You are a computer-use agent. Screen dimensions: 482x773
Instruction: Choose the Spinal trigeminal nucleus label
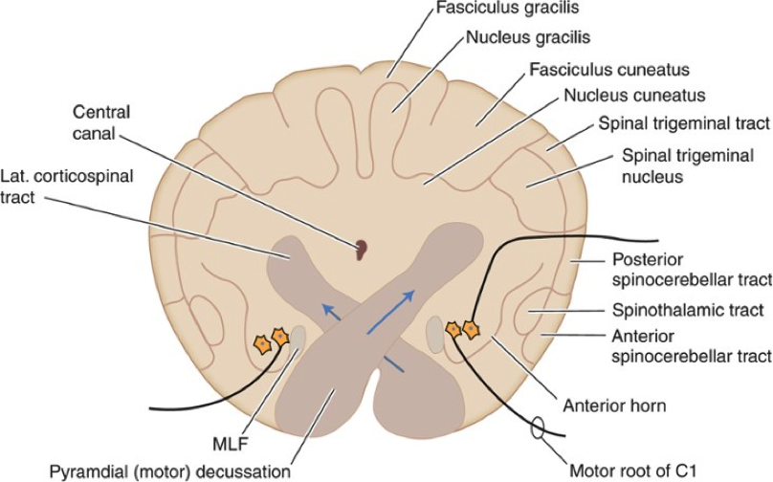click(687, 164)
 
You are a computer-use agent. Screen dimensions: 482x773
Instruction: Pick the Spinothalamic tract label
click(689, 310)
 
